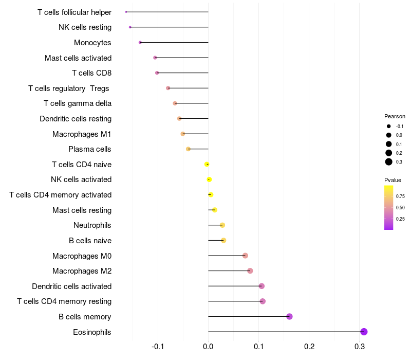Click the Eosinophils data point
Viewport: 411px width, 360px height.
pyautogui.click(x=364, y=332)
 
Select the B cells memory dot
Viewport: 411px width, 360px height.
pyautogui.click(x=289, y=316)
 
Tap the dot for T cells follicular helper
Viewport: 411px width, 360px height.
pyautogui.click(x=126, y=12)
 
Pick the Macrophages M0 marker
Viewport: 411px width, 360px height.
pyautogui.click(x=245, y=256)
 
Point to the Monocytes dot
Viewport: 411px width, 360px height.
pyautogui.click(x=140, y=42)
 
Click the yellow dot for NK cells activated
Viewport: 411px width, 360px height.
pyautogui.click(x=209, y=179)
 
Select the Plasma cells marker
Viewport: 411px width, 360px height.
pyautogui.click(x=188, y=149)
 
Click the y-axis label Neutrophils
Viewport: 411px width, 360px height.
pyautogui.click(x=92, y=225)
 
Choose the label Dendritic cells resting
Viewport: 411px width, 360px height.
pyautogui.click(x=76, y=119)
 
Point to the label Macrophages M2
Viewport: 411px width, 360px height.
pyautogui.click(x=82, y=271)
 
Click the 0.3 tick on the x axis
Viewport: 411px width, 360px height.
pyautogui.click(x=360, y=347)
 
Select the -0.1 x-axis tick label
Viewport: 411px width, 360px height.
pyautogui.click(x=158, y=347)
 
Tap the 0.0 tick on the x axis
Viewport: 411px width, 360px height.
pyautogui.click(x=208, y=347)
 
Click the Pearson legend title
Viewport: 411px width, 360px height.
pyautogui.click(x=395, y=116)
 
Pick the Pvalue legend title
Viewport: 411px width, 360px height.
pyautogui.click(x=393, y=180)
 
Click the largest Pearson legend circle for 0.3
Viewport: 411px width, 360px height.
pyautogui.click(x=389, y=162)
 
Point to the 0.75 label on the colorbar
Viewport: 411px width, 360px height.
pyautogui.click(x=400, y=196)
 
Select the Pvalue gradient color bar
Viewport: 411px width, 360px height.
pyautogui.click(x=389, y=207)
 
